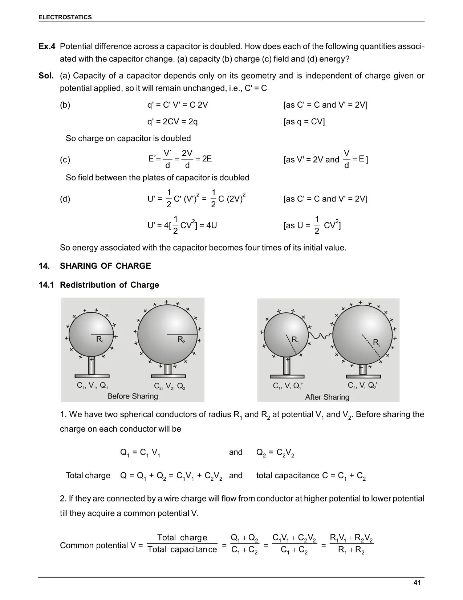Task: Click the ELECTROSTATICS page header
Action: [65, 17]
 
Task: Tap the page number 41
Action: [417, 583]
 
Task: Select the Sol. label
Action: [46, 76]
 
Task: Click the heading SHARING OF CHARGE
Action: [105, 266]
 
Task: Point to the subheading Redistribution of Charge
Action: [109, 285]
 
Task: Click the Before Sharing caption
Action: [133, 396]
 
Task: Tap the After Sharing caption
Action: [327, 397]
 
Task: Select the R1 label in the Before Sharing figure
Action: [100, 340]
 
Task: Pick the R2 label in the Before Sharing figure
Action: [181, 340]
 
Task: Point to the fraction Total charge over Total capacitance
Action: [182, 544]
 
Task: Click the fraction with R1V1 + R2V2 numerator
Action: [351, 544]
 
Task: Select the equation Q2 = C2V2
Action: [275, 453]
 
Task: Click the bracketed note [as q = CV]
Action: [304, 121]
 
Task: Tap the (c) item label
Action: [65, 160]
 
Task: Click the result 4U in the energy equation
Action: [211, 225]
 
